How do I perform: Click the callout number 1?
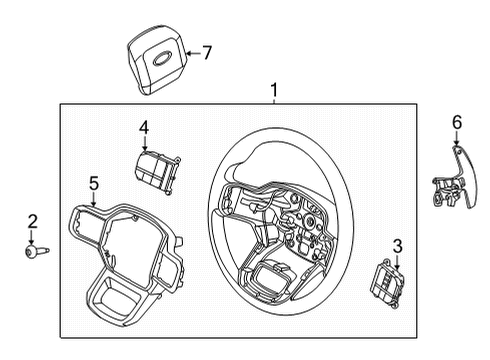(x=274, y=92)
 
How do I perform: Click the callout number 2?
(x=31, y=221)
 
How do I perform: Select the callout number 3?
(x=397, y=245)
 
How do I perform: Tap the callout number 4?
(x=144, y=127)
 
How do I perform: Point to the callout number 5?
(x=93, y=183)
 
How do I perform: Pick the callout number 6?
(x=457, y=122)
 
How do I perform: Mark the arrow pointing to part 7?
(x=189, y=52)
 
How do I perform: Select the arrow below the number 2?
(x=31, y=236)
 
